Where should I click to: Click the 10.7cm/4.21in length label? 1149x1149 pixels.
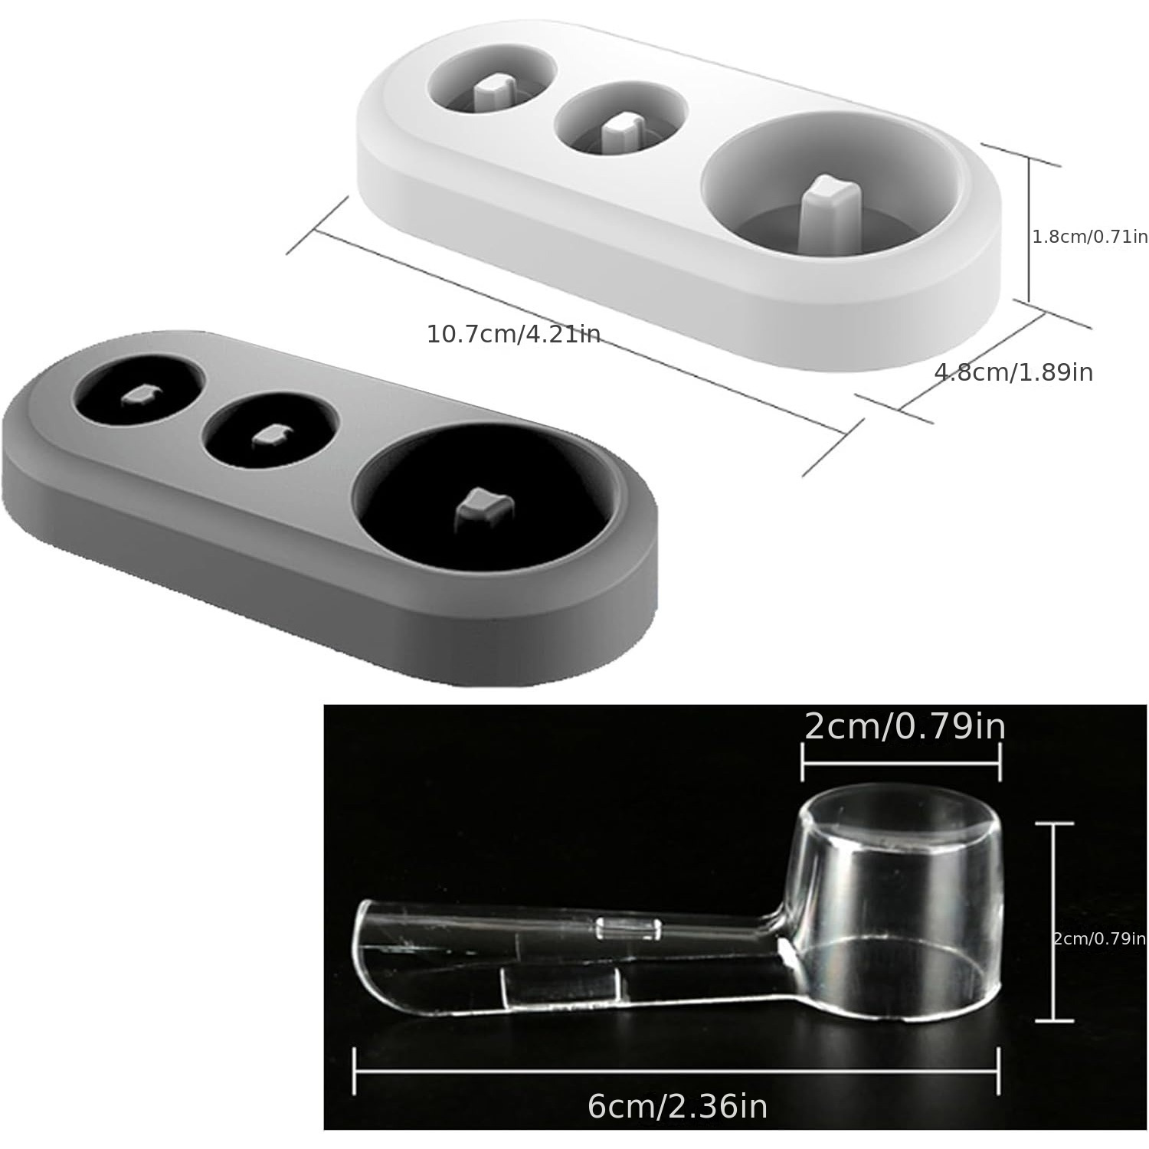click(x=513, y=335)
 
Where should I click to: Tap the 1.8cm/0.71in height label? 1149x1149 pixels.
click(x=1090, y=237)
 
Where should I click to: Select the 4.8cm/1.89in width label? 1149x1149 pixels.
click(x=1013, y=372)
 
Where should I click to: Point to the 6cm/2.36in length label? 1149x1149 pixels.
click(x=677, y=1106)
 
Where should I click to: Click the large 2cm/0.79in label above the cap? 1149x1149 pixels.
click(x=905, y=726)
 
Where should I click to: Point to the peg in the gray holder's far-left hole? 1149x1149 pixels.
click(x=139, y=395)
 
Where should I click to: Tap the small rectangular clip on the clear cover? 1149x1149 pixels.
click(x=628, y=929)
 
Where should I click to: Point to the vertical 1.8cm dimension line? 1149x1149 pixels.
click(x=1028, y=230)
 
